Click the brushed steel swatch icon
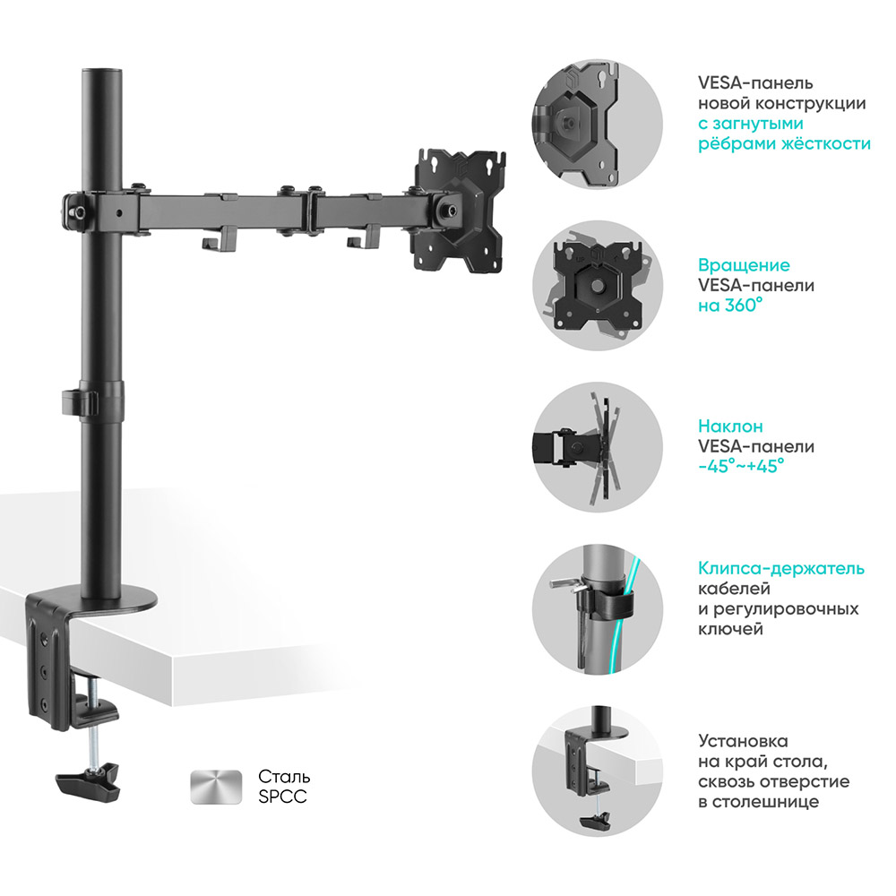click(216, 787)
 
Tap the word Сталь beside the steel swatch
click(284, 777)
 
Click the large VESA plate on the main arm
click(461, 211)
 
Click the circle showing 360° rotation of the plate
click(598, 285)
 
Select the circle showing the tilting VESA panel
click(598, 447)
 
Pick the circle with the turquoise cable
click(598, 608)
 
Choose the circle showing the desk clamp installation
click(598, 771)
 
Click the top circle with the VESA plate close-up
click(598, 124)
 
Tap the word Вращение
click(744, 265)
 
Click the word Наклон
click(730, 426)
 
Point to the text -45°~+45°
click(741, 466)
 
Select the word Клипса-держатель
click(781, 569)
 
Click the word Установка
click(743, 741)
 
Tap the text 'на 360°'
click(730, 306)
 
